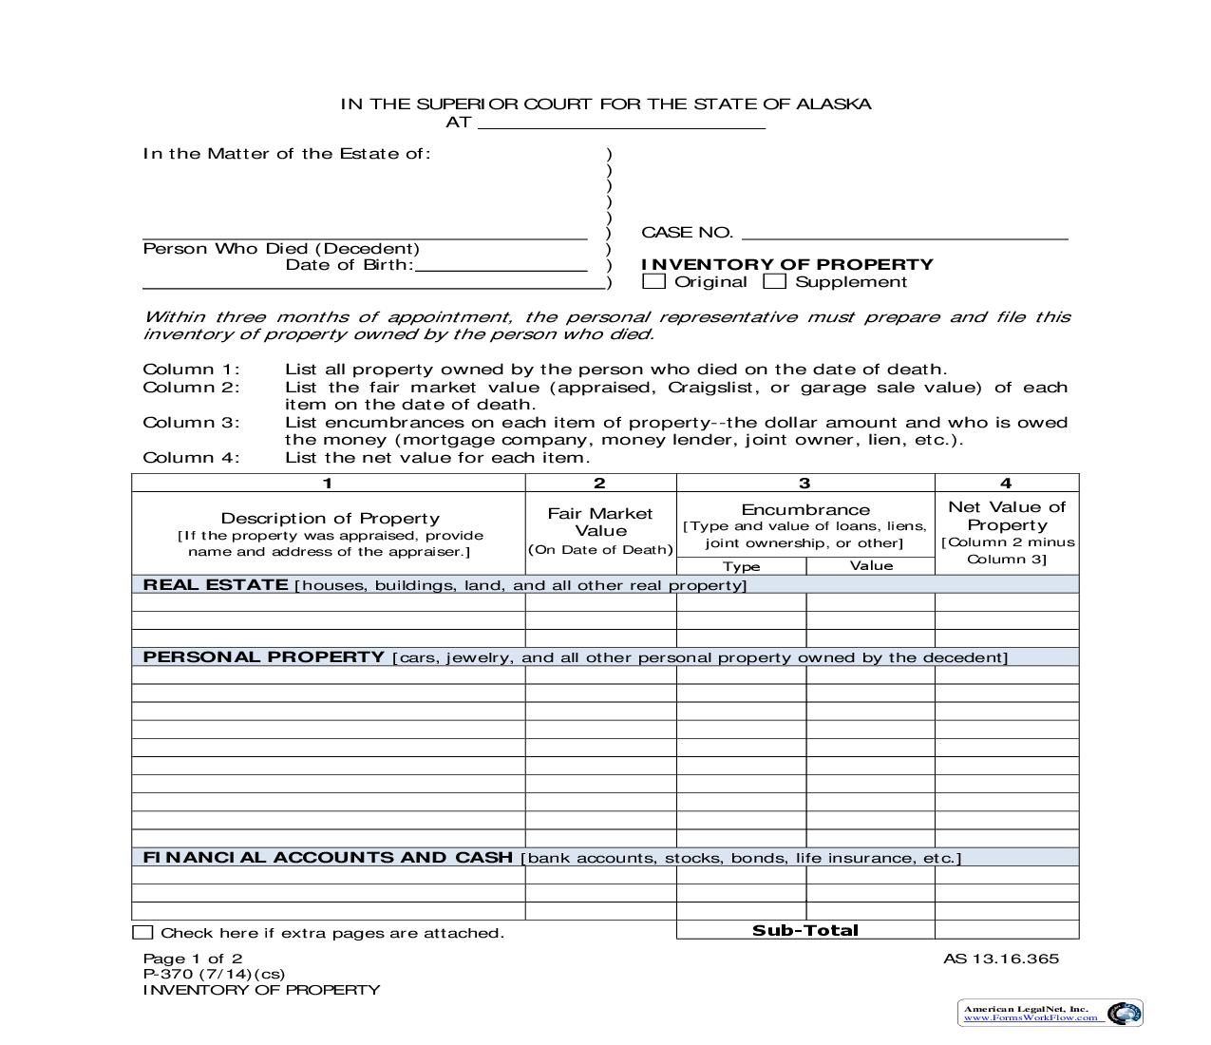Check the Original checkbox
click(x=653, y=281)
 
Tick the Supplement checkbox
click(x=775, y=281)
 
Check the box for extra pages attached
click(x=142, y=933)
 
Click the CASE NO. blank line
click(x=904, y=233)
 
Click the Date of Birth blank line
click(x=501, y=265)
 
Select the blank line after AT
click(x=621, y=123)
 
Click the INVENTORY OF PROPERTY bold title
click(x=787, y=264)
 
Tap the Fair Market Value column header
click(x=600, y=522)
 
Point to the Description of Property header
click(x=330, y=518)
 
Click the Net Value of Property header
click(x=1007, y=516)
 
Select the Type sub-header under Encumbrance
click(x=741, y=566)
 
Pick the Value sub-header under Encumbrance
click(x=871, y=565)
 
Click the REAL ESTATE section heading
click(x=216, y=584)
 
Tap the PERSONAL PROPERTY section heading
click(x=263, y=656)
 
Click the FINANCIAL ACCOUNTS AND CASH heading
click(x=328, y=857)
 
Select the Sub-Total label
click(x=804, y=930)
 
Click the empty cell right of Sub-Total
click(x=1007, y=930)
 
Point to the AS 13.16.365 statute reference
click(x=1000, y=959)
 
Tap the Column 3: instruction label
click(x=191, y=422)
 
